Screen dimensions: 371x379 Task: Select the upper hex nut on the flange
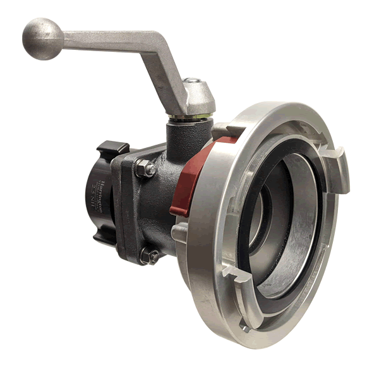[x=144, y=169]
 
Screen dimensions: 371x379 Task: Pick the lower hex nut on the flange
[x=150, y=256]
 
